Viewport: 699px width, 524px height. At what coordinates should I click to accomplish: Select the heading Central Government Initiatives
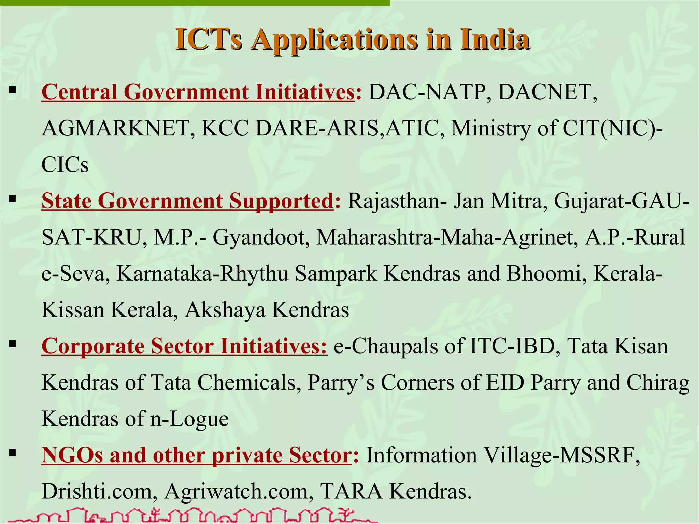coord(198,92)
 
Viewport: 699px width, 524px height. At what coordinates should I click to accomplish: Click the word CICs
coord(65,165)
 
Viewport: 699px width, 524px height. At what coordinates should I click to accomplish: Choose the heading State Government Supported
coord(187,201)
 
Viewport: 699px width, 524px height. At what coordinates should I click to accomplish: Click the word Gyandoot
coord(260,237)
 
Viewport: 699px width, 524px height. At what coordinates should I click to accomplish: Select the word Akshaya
coord(225,310)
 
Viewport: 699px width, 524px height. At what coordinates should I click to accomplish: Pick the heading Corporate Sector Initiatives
coord(184,346)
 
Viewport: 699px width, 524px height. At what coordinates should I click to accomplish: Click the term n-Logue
coord(189,419)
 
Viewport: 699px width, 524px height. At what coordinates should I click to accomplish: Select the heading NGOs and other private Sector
coord(196,455)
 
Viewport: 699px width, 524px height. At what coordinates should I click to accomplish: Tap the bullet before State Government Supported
coord(13,199)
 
